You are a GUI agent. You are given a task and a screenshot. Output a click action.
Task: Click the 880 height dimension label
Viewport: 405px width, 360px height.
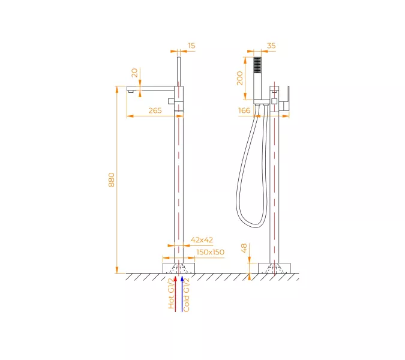tap(112, 180)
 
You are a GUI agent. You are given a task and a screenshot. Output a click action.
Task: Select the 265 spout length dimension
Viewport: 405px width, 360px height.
tap(155, 110)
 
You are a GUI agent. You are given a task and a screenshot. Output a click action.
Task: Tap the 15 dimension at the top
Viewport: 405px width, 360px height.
tap(191, 46)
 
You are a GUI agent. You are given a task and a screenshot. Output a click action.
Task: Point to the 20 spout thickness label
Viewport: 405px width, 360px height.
tap(134, 73)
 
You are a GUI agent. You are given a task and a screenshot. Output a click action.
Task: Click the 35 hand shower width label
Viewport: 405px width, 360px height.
tap(271, 46)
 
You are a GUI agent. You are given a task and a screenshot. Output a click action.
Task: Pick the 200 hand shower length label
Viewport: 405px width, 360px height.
tap(240, 78)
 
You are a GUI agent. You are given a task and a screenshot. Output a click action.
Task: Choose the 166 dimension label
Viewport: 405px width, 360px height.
tap(244, 110)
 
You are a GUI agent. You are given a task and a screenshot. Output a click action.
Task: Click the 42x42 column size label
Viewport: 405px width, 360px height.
tap(202, 240)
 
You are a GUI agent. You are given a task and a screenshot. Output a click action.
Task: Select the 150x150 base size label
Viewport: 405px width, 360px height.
tap(210, 252)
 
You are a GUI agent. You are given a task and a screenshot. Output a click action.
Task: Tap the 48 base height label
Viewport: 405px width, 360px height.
tap(244, 248)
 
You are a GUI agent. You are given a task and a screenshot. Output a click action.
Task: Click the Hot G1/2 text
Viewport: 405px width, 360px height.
tap(171, 293)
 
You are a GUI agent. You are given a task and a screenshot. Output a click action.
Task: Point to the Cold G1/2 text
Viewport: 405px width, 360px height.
tap(186, 295)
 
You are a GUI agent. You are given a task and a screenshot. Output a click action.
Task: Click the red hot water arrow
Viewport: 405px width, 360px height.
tap(176, 294)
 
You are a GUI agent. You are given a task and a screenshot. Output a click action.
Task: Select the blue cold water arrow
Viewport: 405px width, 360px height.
tap(182, 294)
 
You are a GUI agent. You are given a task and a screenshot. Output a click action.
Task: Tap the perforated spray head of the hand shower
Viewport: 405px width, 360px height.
tap(257, 65)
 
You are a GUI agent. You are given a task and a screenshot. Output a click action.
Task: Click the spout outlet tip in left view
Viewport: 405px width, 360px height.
tap(131, 91)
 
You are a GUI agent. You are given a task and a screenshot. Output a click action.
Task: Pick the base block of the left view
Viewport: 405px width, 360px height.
tap(179, 268)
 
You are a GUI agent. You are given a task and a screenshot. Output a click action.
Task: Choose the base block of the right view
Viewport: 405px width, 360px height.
tap(274, 268)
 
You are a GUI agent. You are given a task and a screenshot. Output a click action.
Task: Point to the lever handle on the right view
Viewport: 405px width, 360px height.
tap(286, 100)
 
